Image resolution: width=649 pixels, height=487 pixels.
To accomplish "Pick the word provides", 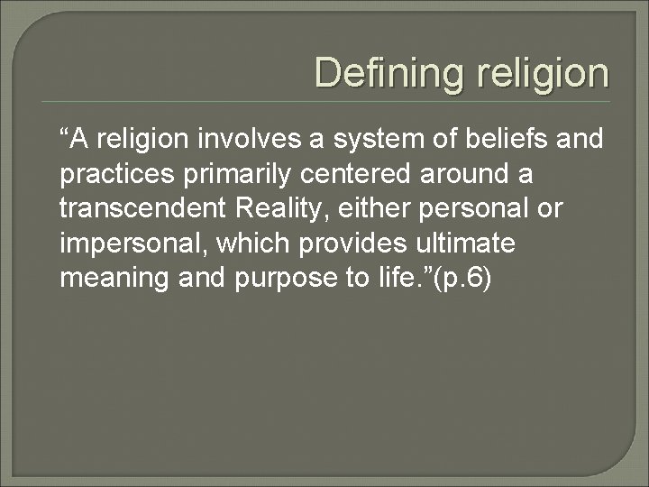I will click(x=359, y=243).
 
